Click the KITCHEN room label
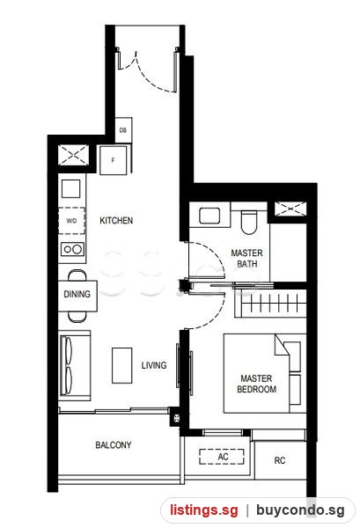pos(116,221)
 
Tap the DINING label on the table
pos(77,294)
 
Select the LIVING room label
pos(154,365)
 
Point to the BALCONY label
pos(114,445)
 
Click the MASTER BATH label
pos(246,258)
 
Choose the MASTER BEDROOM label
pos(257,384)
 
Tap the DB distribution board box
pos(123,130)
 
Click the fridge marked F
pos(114,160)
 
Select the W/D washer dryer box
pos(71,221)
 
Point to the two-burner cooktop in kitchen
pos(72,249)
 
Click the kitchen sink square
pos(71,188)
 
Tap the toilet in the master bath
pos(249,223)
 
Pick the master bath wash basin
pos(209,216)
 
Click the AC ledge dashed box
pos(222,457)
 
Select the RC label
pos(280,460)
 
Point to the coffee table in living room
pos(122,365)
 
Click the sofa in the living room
pos(75,366)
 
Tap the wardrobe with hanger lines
pos(271,303)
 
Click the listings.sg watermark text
pos(203,510)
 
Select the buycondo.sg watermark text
pos(300,510)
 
